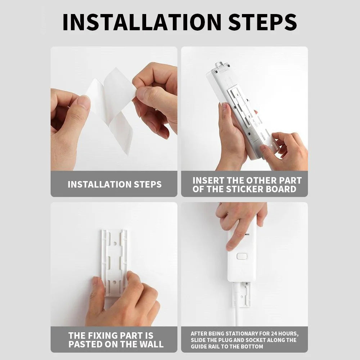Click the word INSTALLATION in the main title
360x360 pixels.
(x=142, y=22)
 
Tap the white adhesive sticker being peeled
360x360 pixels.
(x=112, y=104)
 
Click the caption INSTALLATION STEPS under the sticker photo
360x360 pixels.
(x=114, y=184)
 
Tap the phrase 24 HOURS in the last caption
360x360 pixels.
(x=282, y=334)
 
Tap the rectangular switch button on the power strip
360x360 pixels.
(x=242, y=256)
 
